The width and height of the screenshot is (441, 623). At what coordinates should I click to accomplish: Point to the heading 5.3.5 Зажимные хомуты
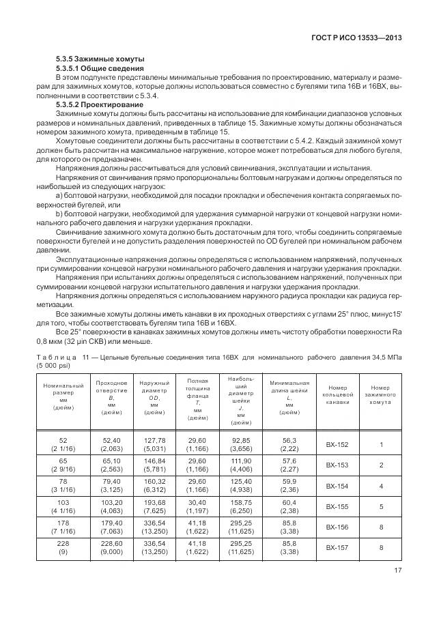[x=100, y=60]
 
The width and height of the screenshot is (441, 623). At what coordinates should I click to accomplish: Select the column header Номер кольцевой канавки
[x=337, y=394]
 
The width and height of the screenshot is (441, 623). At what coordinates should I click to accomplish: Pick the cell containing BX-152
[x=337, y=444]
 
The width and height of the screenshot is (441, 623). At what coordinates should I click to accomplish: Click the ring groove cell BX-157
[x=337, y=547]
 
